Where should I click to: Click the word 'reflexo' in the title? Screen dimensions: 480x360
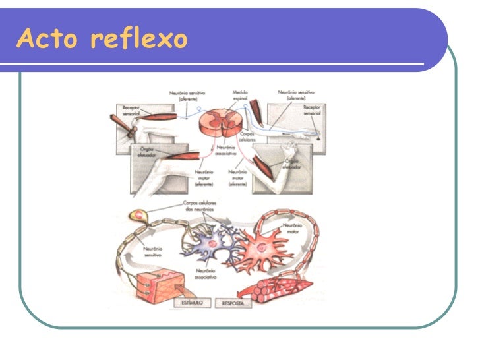(x=139, y=39)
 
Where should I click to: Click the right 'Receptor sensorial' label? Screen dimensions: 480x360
(x=312, y=109)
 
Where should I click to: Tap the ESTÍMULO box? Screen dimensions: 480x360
(x=193, y=303)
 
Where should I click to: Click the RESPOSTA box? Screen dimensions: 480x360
(x=235, y=304)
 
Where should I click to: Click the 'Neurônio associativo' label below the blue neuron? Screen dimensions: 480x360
(x=210, y=274)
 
